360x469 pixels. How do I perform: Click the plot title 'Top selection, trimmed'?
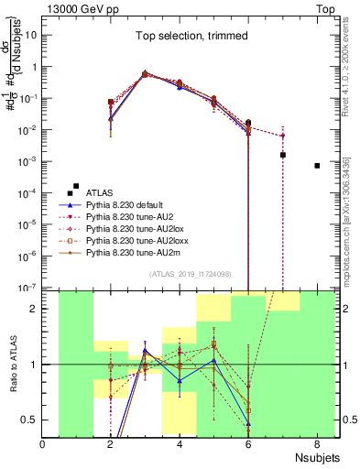click(x=187, y=38)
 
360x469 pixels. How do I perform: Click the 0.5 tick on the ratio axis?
click(x=29, y=420)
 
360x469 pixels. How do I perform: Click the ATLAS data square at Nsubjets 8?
click(x=317, y=166)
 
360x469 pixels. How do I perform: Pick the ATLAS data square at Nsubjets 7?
click(x=283, y=155)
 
